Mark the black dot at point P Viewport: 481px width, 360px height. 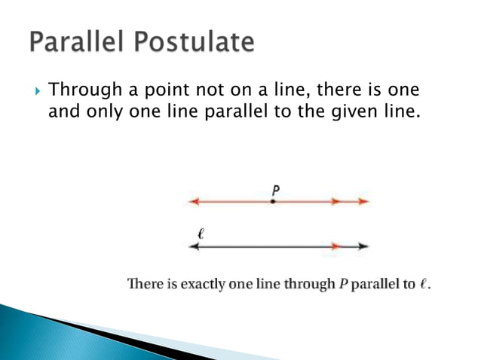click(274, 202)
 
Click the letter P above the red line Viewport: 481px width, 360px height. click(276, 190)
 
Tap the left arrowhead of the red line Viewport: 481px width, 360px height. click(194, 202)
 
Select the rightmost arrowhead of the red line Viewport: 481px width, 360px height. click(363, 202)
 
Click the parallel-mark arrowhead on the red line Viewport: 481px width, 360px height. click(335, 202)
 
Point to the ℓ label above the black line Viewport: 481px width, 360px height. click(200, 234)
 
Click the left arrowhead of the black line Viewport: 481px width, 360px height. click(194, 246)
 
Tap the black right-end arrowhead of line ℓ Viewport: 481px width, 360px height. click(363, 246)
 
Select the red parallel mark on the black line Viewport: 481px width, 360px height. click(335, 246)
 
